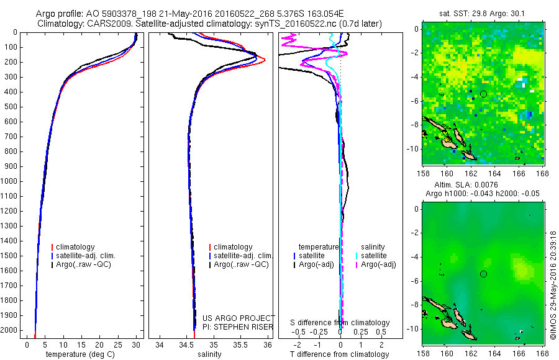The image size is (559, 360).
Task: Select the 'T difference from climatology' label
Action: pyautogui.click(x=340, y=354)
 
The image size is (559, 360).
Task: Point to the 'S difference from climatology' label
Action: pyautogui.click(x=340, y=323)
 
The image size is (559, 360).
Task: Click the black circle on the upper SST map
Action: pyautogui.click(x=483, y=94)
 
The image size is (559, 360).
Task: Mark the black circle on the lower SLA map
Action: pyautogui.click(x=483, y=274)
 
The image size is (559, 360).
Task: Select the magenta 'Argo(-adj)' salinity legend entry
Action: pyautogui.click(x=378, y=264)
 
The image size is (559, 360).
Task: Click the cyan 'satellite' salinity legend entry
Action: pyautogui.click(x=374, y=256)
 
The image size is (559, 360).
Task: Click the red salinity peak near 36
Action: pyautogui.click(x=264, y=60)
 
